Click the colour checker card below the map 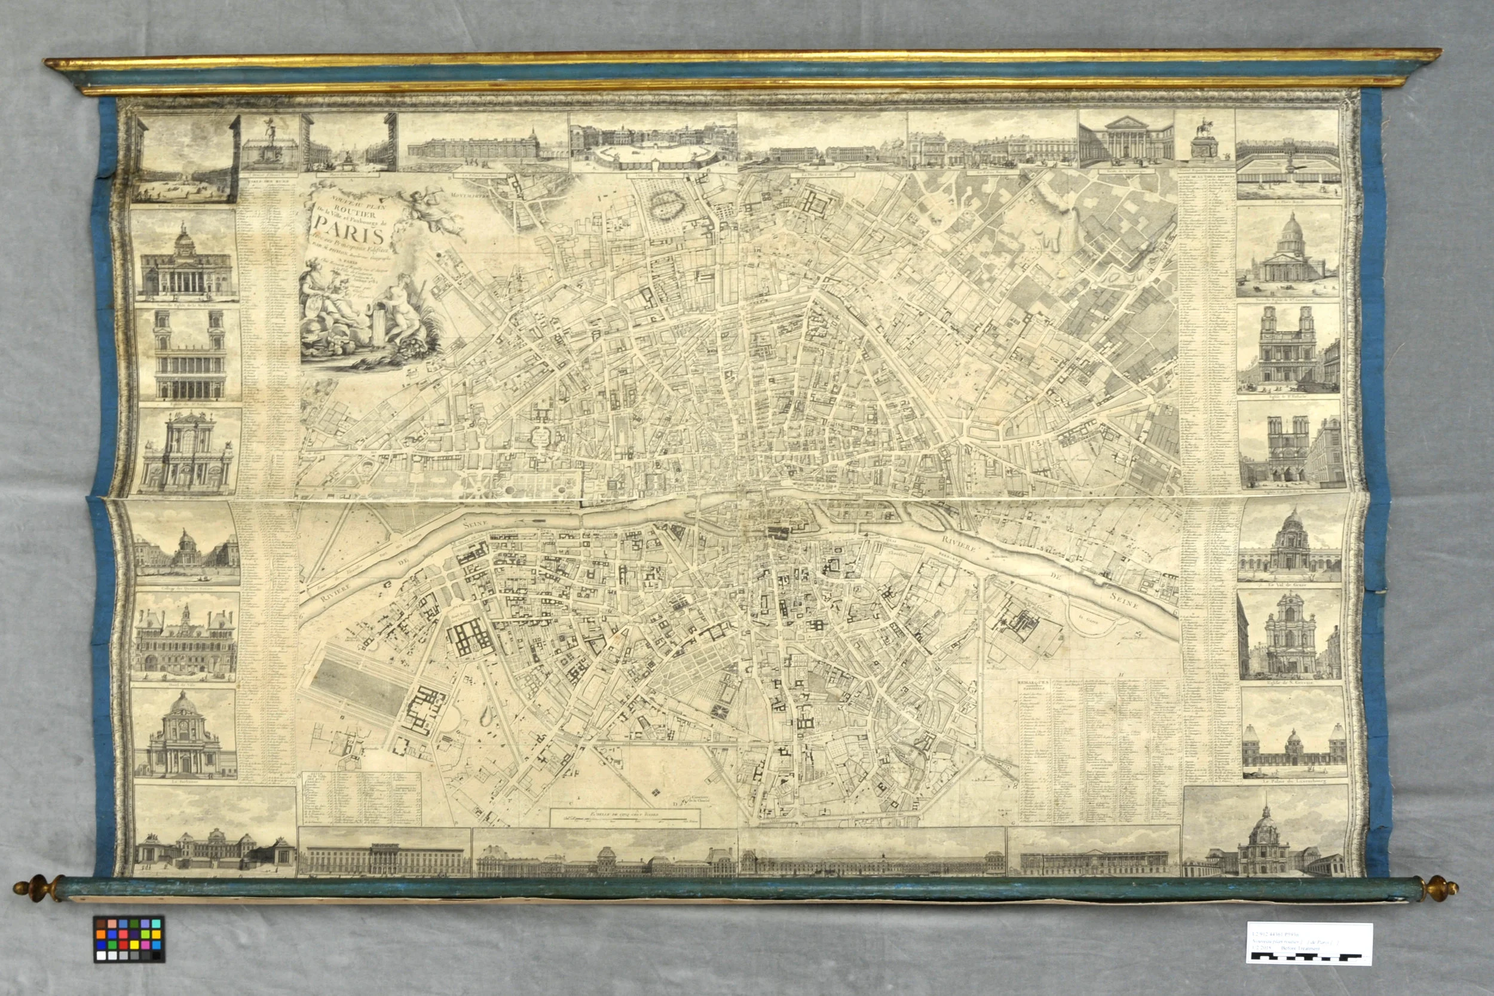[129, 938]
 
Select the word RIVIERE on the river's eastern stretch [963, 545]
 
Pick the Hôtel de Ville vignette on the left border [185, 637]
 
